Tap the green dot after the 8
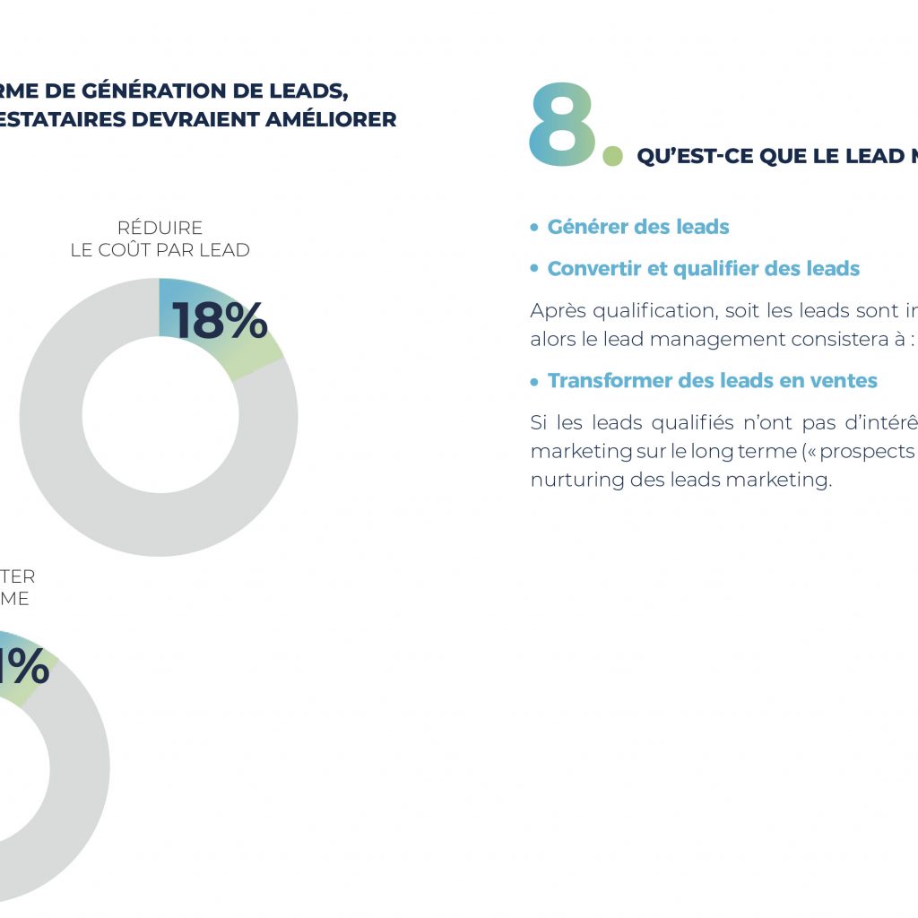point(612,157)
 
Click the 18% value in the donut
point(220,321)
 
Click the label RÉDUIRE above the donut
point(160,228)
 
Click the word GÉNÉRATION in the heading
point(159,91)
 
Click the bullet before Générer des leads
point(534,228)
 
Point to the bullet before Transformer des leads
point(534,381)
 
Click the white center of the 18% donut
point(159,416)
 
